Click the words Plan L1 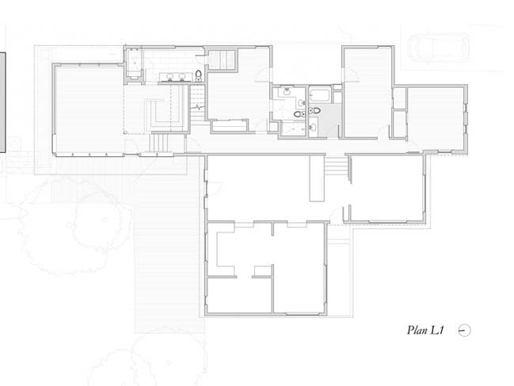click(x=425, y=330)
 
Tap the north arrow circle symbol click(x=464, y=331)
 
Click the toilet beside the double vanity click(x=199, y=75)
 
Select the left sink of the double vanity click(x=169, y=77)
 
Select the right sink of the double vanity click(x=182, y=77)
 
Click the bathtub click(x=319, y=95)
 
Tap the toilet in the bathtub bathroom click(x=314, y=110)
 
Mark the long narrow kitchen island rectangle click(x=317, y=178)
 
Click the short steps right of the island click(x=336, y=166)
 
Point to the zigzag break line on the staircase click(x=198, y=107)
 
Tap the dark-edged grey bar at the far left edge click(x=2, y=102)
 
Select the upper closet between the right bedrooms click(x=400, y=98)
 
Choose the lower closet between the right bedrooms click(x=400, y=124)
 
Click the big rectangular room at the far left click(x=89, y=109)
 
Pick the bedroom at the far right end click(x=436, y=118)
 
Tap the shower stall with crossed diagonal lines click(x=293, y=128)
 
